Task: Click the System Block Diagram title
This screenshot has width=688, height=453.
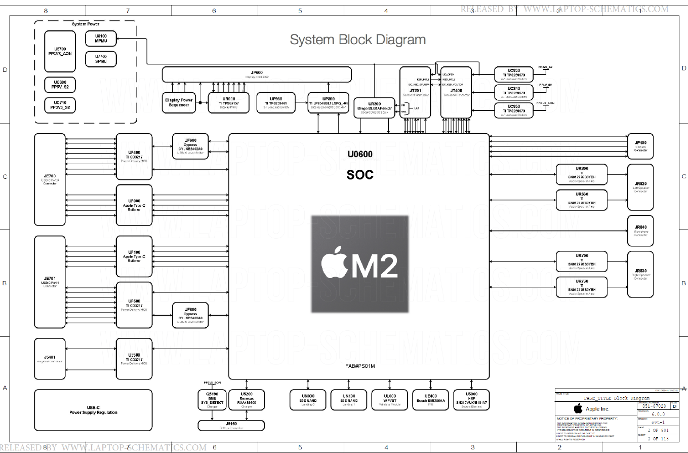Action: point(357,40)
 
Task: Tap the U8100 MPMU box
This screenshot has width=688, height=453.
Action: point(101,39)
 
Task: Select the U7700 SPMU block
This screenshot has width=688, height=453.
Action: point(101,59)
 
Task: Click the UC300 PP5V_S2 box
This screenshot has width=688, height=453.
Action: point(60,84)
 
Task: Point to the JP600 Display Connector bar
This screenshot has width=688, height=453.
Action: point(256,74)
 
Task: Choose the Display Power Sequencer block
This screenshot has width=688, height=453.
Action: point(179,102)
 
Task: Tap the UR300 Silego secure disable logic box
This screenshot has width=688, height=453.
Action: point(374,106)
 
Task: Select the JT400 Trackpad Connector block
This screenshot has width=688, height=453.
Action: point(456,92)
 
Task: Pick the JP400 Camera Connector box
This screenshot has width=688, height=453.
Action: point(640,146)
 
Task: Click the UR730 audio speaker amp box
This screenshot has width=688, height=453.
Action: point(581,287)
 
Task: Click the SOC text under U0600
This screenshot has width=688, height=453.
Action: point(360,175)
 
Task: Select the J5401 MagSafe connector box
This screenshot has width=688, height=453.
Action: point(50,359)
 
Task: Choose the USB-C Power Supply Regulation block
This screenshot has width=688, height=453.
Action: point(93,409)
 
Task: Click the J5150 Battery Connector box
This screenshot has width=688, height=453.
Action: point(231,425)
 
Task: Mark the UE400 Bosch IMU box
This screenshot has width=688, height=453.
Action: point(431,399)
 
